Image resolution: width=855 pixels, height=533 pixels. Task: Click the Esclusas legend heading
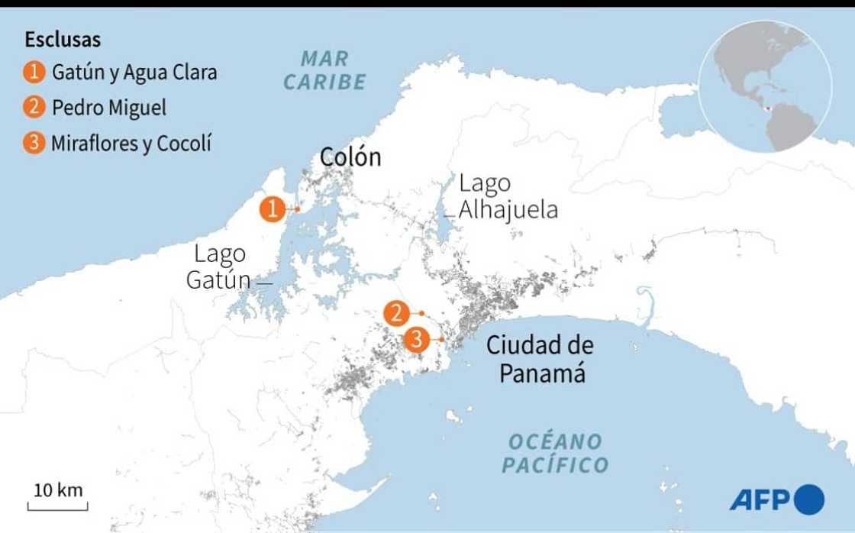63,40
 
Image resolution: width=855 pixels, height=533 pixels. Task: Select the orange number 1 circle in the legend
34,73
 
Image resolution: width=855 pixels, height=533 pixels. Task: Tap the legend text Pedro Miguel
109,108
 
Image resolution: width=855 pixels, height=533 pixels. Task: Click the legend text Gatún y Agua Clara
134,73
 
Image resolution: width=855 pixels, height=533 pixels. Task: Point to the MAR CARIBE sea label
325,69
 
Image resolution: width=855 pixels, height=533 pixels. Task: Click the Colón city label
350,157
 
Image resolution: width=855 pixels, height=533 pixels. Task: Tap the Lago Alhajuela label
508,197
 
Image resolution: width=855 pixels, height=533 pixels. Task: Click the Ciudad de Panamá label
540,359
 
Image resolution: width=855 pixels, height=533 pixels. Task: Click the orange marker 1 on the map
273,208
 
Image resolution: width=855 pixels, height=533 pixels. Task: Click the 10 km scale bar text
59,489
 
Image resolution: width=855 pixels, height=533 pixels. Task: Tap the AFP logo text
762,500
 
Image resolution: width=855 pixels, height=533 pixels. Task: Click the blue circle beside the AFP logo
809,499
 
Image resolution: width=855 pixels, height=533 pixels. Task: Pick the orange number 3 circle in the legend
34,143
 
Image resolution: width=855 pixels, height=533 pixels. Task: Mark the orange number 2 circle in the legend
34,108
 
